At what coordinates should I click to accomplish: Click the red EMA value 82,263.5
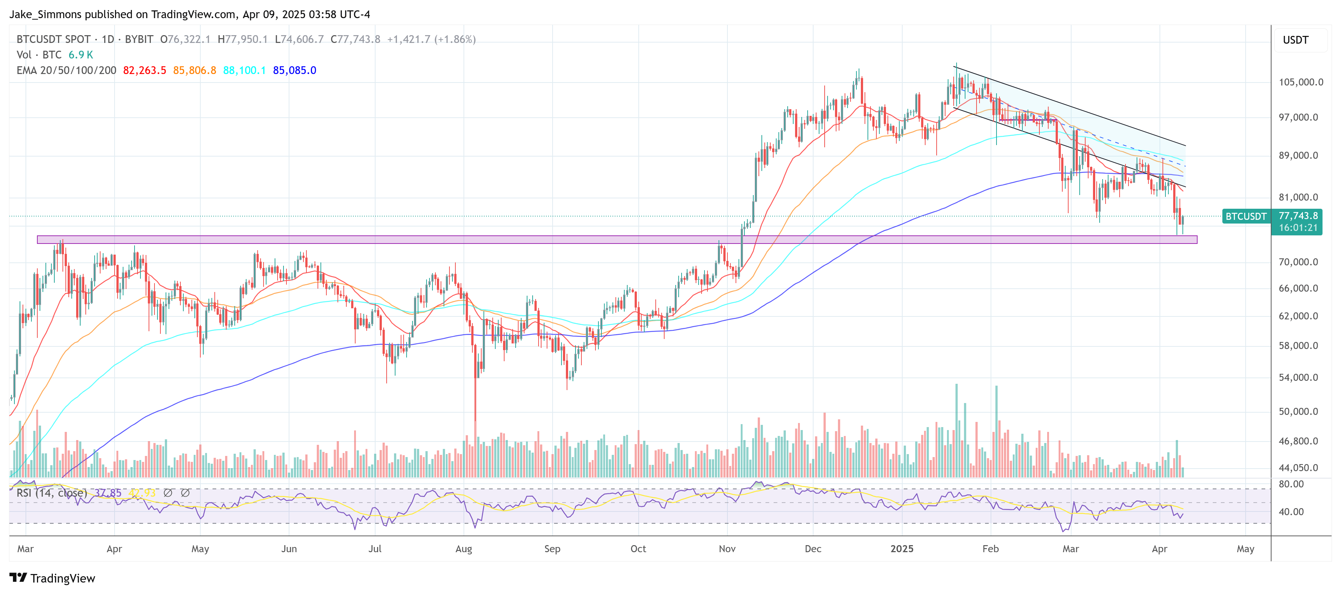[144, 70]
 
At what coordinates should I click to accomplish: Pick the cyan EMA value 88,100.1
[244, 70]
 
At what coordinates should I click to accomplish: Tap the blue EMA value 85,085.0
[294, 70]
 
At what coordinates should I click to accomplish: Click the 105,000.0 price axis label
[1300, 82]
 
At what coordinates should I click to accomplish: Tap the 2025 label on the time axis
[902, 549]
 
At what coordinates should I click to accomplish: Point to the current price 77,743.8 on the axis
[1298, 216]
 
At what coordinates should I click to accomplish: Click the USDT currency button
[1295, 40]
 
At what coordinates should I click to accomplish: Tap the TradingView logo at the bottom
[52, 578]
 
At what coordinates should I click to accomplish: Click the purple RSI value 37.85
[108, 493]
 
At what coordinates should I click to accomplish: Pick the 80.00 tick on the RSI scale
[1291, 484]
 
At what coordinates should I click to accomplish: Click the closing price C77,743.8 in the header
[356, 40]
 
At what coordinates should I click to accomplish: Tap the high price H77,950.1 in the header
[242, 40]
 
